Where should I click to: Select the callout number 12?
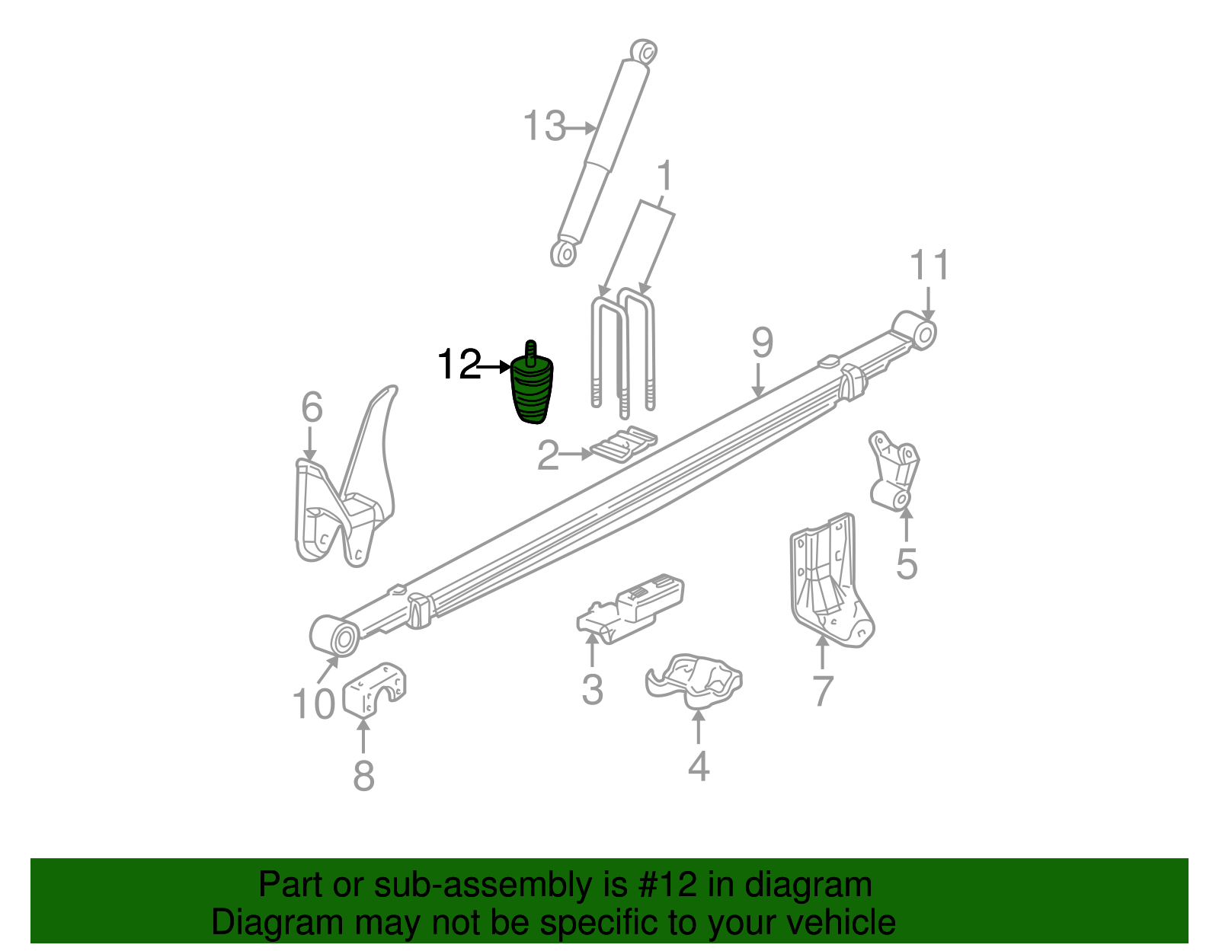[x=459, y=365]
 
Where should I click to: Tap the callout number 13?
[x=544, y=126]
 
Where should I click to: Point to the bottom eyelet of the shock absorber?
[x=563, y=252]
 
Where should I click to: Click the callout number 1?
[x=665, y=176]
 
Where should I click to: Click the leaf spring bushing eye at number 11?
[x=923, y=334]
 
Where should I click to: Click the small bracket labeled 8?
[x=374, y=689]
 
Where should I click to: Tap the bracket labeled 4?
[x=694, y=677]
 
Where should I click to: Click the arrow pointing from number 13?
[x=581, y=128]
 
